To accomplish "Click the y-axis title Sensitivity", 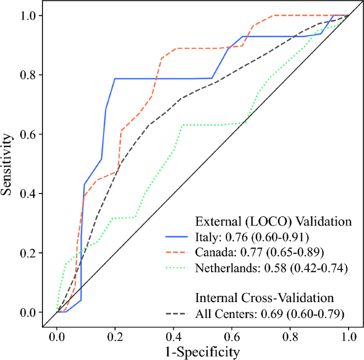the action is coord(6,164).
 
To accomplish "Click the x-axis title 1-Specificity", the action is coord(202,352).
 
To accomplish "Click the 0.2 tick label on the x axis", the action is coord(115,337).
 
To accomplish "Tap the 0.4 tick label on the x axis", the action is coord(173,337).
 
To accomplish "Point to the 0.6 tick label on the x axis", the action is coord(232,337).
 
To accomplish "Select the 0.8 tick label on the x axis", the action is coord(290,337).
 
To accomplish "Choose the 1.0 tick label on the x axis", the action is coord(349,337).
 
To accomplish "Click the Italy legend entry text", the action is coord(252,237).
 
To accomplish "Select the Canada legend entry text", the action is coord(259,252).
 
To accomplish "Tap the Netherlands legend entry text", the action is coord(272,268).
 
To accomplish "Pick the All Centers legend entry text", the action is coord(270,314).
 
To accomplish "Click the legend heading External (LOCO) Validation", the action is coord(273,221).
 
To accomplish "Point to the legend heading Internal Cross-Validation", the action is coord(265,298).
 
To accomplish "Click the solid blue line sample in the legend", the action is coord(176,237).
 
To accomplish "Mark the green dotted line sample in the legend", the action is coord(176,268).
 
